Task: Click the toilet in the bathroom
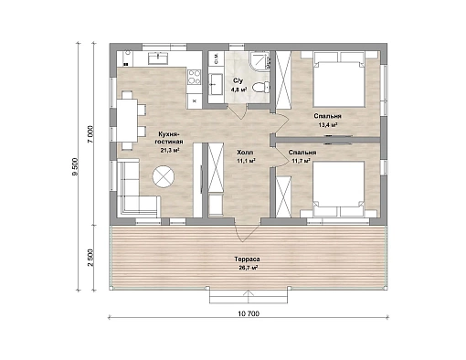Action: (x=262, y=87)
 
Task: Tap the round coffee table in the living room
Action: (x=164, y=176)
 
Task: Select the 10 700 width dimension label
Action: (x=249, y=313)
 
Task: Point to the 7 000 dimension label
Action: (x=90, y=134)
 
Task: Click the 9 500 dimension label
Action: (x=75, y=166)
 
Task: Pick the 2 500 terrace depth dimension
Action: (x=90, y=258)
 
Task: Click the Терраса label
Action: (x=247, y=259)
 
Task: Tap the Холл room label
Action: (x=246, y=152)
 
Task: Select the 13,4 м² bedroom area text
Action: (x=328, y=124)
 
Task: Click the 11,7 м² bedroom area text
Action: (x=302, y=160)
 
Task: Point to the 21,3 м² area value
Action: (x=169, y=150)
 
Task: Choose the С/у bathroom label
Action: (x=238, y=80)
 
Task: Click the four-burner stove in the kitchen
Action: (x=194, y=77)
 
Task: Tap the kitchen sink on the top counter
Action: (x=158, y=58)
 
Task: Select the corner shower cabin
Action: (x=259, y=60)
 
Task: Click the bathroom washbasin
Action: (x=217, y=84)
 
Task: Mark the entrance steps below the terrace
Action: (x=249, y=296)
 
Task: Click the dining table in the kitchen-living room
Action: (x=127, y=121)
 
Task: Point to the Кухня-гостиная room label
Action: (x=169, y=138)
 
